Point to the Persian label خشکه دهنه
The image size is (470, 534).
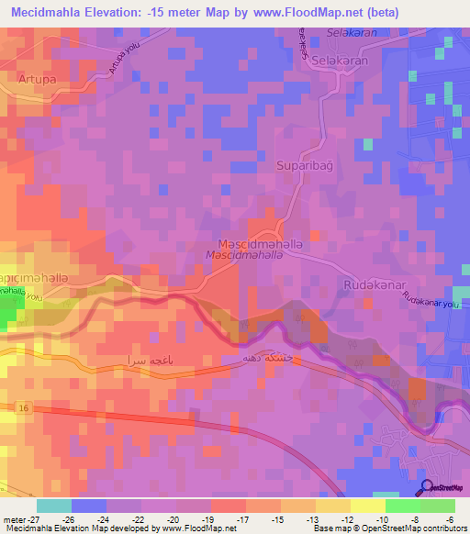point(267,354)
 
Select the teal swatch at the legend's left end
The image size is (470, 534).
point(54,506)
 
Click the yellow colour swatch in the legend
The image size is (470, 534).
point(366,506)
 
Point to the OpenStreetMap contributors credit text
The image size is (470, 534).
point(404,528)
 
